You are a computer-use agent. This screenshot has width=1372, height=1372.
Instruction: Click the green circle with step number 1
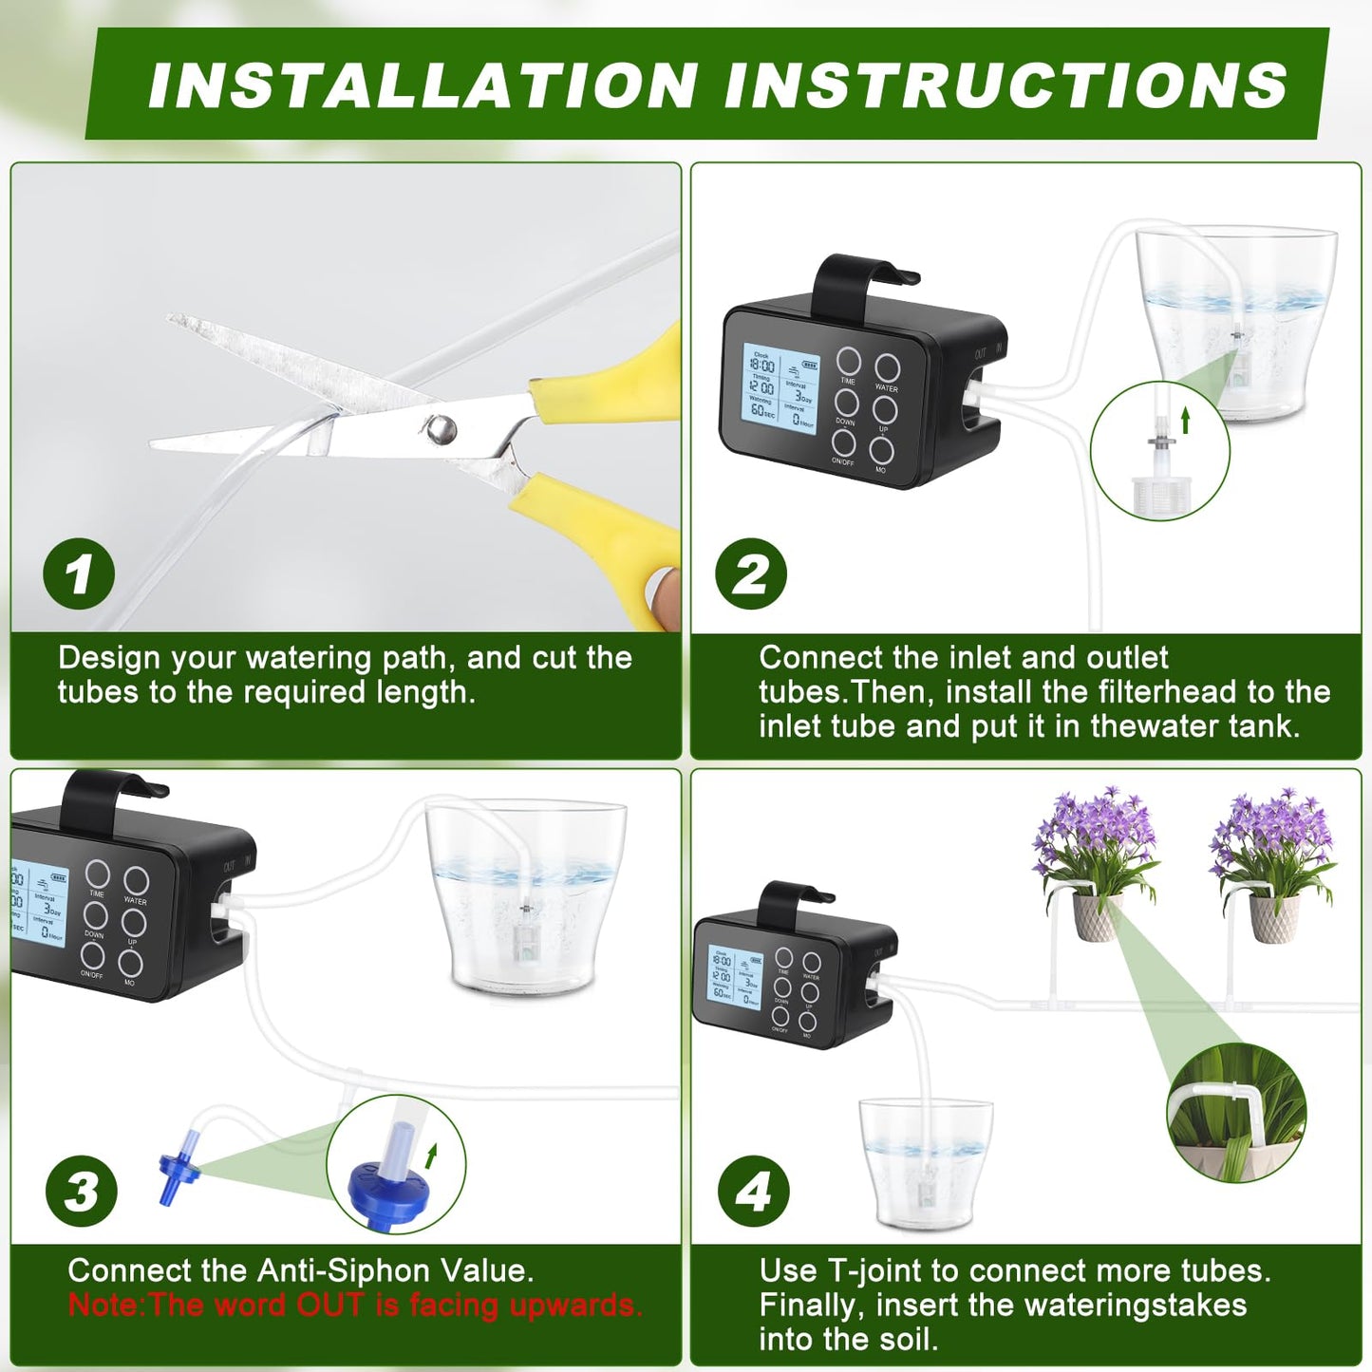(79, 574)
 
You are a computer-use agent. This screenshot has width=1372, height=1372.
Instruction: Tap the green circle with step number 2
(751, 574)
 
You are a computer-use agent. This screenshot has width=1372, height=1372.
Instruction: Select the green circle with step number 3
(82, 1191)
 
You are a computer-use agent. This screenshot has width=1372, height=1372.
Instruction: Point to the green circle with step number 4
(754, 1191)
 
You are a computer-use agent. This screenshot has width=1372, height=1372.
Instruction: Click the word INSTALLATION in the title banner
(423, 85)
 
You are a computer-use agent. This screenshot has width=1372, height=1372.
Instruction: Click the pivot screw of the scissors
(441, 429)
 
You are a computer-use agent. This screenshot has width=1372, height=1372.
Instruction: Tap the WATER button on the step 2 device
(887, 368)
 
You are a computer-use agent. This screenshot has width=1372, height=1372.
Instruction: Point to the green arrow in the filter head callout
(1185, 421)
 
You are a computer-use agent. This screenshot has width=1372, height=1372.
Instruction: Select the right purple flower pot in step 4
(1273, 916)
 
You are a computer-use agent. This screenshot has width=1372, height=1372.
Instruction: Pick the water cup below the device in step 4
(925, 1163)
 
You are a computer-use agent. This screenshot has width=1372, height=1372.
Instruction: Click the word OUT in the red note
(330, 1306)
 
